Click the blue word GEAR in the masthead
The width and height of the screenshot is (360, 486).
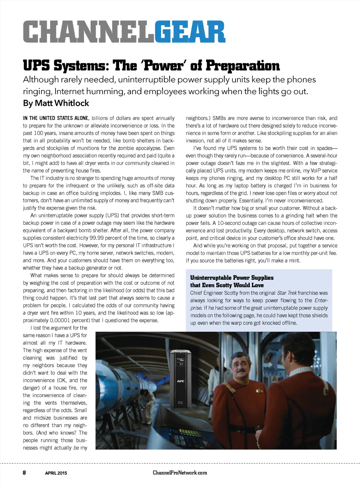[x=189, y=32]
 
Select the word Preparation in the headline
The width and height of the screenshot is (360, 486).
[x=243, y=66]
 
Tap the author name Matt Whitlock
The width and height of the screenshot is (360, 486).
[x=62, y=103]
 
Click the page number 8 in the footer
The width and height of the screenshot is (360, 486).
[x=24, y=473]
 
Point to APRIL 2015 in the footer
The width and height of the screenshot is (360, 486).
[x=56, y=473]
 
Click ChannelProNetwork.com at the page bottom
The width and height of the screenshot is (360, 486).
[x=180, y=473]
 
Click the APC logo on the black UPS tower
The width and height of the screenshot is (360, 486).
[x=181, y=381]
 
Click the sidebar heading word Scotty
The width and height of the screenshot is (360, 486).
[x=224, y=285]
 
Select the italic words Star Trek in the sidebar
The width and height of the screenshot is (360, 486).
[x=287, y=293]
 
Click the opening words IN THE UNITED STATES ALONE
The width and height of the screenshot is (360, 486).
[x=56, y=118]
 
